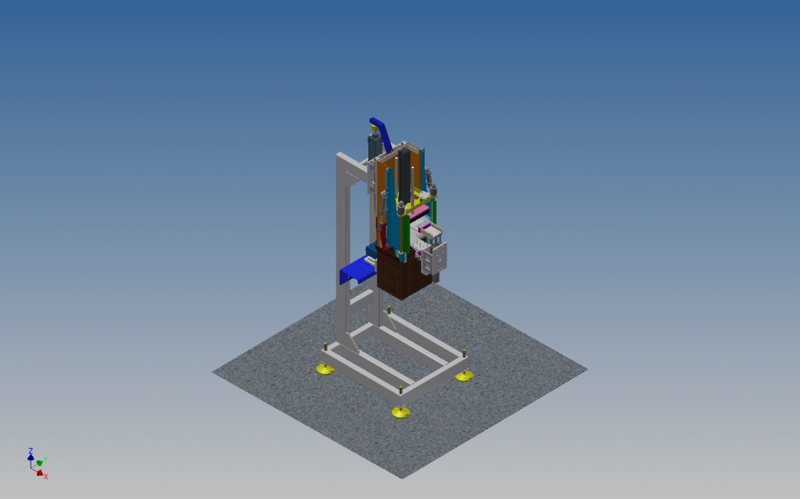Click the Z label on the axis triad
click(x=31, y=451)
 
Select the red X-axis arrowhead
click(x=40, y=473)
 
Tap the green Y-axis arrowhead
click(x=39, y=463)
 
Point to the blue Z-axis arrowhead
click(x=31, y=458)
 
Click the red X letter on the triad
click(x=46, y=476)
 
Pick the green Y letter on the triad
click(x=46, y=460)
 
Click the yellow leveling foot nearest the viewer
click(x=400, y=412)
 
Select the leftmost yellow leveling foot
click(x=326, y=369)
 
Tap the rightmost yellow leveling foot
click(x=464, y=376)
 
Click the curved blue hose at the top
click(x=381, y=134)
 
